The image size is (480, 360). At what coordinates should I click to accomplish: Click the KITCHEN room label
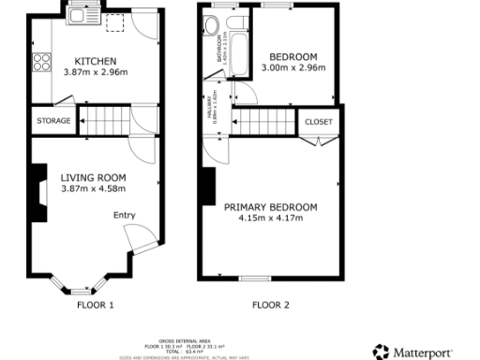tap(95, 60)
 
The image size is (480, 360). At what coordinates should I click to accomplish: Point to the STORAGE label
tap(52, 121)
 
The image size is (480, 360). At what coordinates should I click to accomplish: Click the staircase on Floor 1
tap(102, 120)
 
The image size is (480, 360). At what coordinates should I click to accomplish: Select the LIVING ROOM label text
tap(95, 176)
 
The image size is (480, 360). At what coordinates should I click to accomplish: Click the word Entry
tap(125, 216)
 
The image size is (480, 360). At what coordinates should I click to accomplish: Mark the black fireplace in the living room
tap(37, 192)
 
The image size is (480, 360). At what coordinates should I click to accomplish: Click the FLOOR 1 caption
tap(95, 305)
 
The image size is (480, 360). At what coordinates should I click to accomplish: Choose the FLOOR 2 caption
tap(271, 305)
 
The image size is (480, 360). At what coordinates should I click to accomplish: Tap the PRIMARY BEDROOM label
tap(270, 207)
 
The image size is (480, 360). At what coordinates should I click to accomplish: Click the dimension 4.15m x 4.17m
tap(270, 218)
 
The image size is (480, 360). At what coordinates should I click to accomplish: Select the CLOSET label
tap(319, 122)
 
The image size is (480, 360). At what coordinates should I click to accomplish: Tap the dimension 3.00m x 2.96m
tap(292, 67)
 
